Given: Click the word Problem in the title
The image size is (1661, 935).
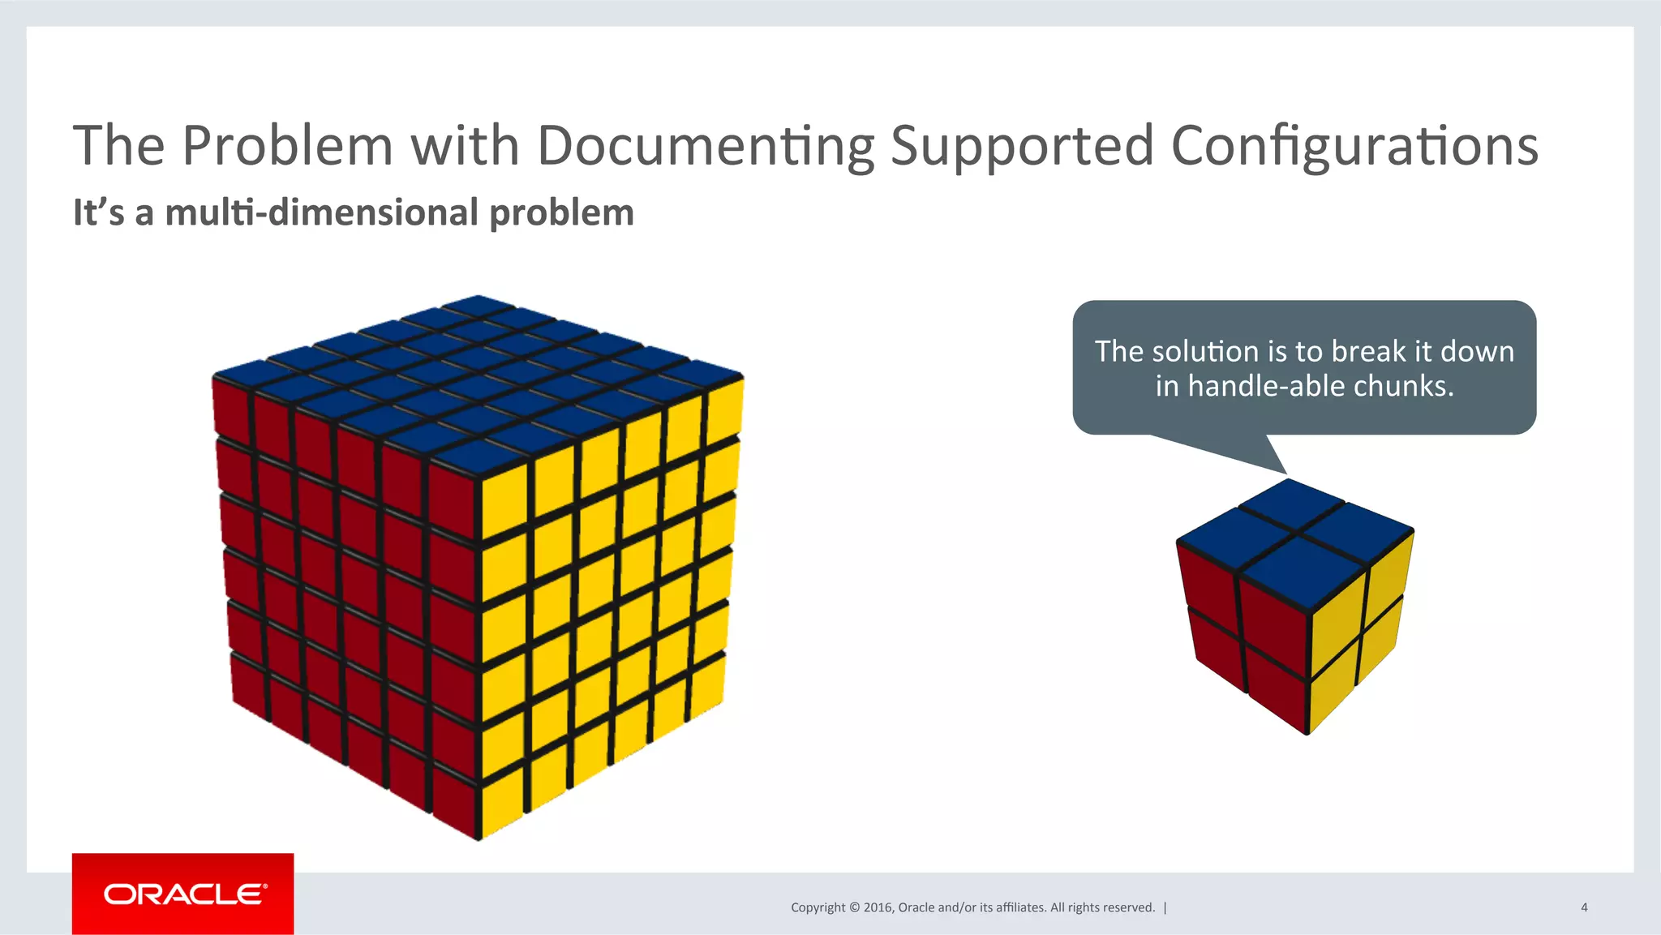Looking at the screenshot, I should (287, 146).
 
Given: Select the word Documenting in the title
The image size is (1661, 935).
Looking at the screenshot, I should (706, 146).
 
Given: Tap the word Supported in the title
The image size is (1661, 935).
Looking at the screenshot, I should (1022, 146).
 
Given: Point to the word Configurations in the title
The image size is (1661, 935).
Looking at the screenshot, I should (1354, 146).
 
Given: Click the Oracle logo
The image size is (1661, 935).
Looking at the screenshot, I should (183, 894).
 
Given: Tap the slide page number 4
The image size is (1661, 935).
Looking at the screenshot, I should (1584, 907).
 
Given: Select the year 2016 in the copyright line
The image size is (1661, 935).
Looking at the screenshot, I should (878, 907).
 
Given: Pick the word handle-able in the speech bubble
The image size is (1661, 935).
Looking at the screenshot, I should (1264, 386).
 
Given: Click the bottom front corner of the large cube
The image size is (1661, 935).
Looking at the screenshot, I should (479, 838).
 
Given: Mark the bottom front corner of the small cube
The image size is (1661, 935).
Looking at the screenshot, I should (1307, 733).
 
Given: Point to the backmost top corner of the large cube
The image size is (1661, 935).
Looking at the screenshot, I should (479, 297).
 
